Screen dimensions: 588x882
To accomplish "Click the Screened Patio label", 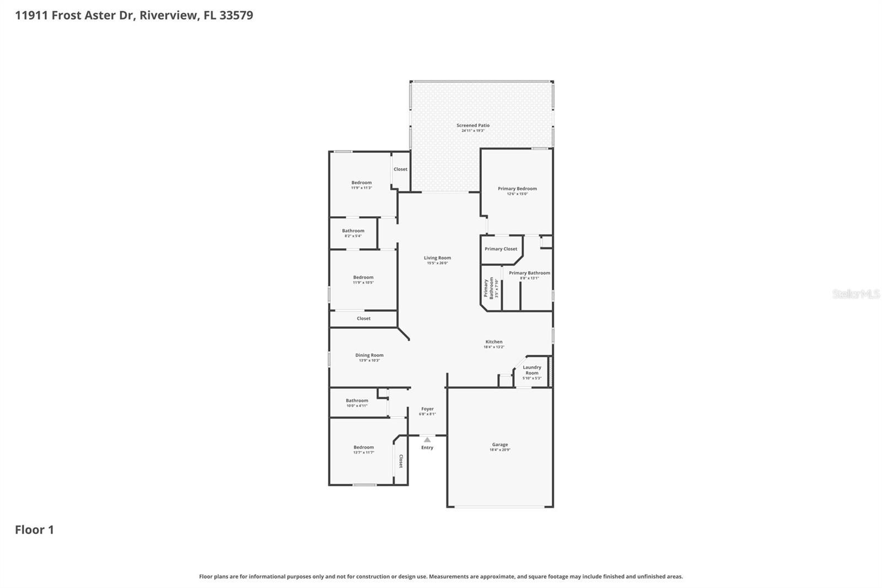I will pos(472,126).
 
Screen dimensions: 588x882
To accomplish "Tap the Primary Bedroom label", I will pos(517,189).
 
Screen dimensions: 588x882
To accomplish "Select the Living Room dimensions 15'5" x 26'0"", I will pos(437,263).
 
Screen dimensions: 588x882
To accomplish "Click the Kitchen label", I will pos(494,342).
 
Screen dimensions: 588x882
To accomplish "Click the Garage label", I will pos(500,445).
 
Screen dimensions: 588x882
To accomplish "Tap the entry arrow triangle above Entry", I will pos(427,440).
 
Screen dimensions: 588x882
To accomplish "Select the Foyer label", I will pos(427,409).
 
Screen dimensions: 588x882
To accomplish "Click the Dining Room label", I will pos(369,355).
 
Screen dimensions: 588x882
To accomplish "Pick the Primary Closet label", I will pos(501,249).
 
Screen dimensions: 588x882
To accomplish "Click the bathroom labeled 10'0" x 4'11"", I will pos(357,403).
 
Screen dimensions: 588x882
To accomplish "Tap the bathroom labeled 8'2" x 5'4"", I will pos(353,233).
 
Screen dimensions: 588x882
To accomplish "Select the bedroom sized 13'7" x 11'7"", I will pos(363,450).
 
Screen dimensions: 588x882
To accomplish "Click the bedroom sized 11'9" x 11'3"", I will pos(362,185).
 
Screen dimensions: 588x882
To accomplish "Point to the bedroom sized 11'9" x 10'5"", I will pos(363,280).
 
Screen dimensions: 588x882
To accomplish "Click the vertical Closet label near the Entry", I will pos(401,461).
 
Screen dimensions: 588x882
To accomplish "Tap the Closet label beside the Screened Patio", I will pos(401,169).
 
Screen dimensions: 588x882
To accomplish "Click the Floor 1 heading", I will pos(34,530).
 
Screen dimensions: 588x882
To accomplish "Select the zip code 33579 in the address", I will pos(236,15).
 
